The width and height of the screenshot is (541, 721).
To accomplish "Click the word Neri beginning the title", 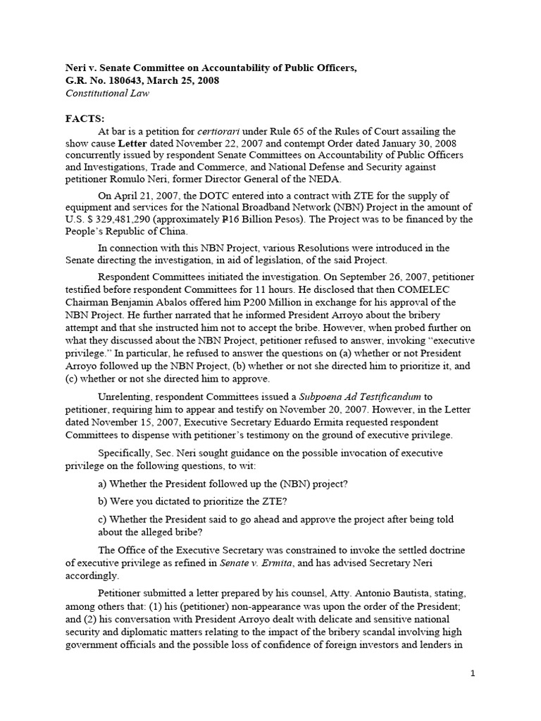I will click(x=68, y=68).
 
